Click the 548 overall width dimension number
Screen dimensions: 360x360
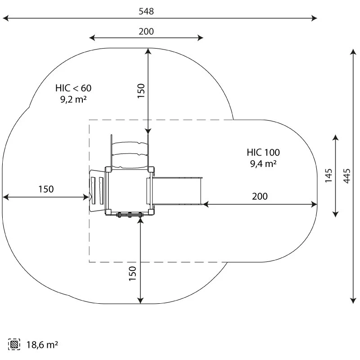tap(146, 11)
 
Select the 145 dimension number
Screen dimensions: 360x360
tap(329, 175)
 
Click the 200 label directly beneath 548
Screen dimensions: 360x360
tap(146, 31)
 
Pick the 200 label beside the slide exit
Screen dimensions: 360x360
tap(260, 196)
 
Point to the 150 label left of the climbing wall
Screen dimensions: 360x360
tap(45, 189)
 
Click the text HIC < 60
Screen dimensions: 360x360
tap(73, 88)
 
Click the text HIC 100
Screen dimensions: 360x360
tap(263, 152)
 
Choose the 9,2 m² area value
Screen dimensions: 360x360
tap(73, 100)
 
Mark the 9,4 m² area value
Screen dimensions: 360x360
tap(263, 164)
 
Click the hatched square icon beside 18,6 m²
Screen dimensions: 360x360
tap(14, 345)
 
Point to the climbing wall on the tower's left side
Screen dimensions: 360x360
tap(97, 191)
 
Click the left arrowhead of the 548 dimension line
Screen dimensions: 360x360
tap(5, 18)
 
